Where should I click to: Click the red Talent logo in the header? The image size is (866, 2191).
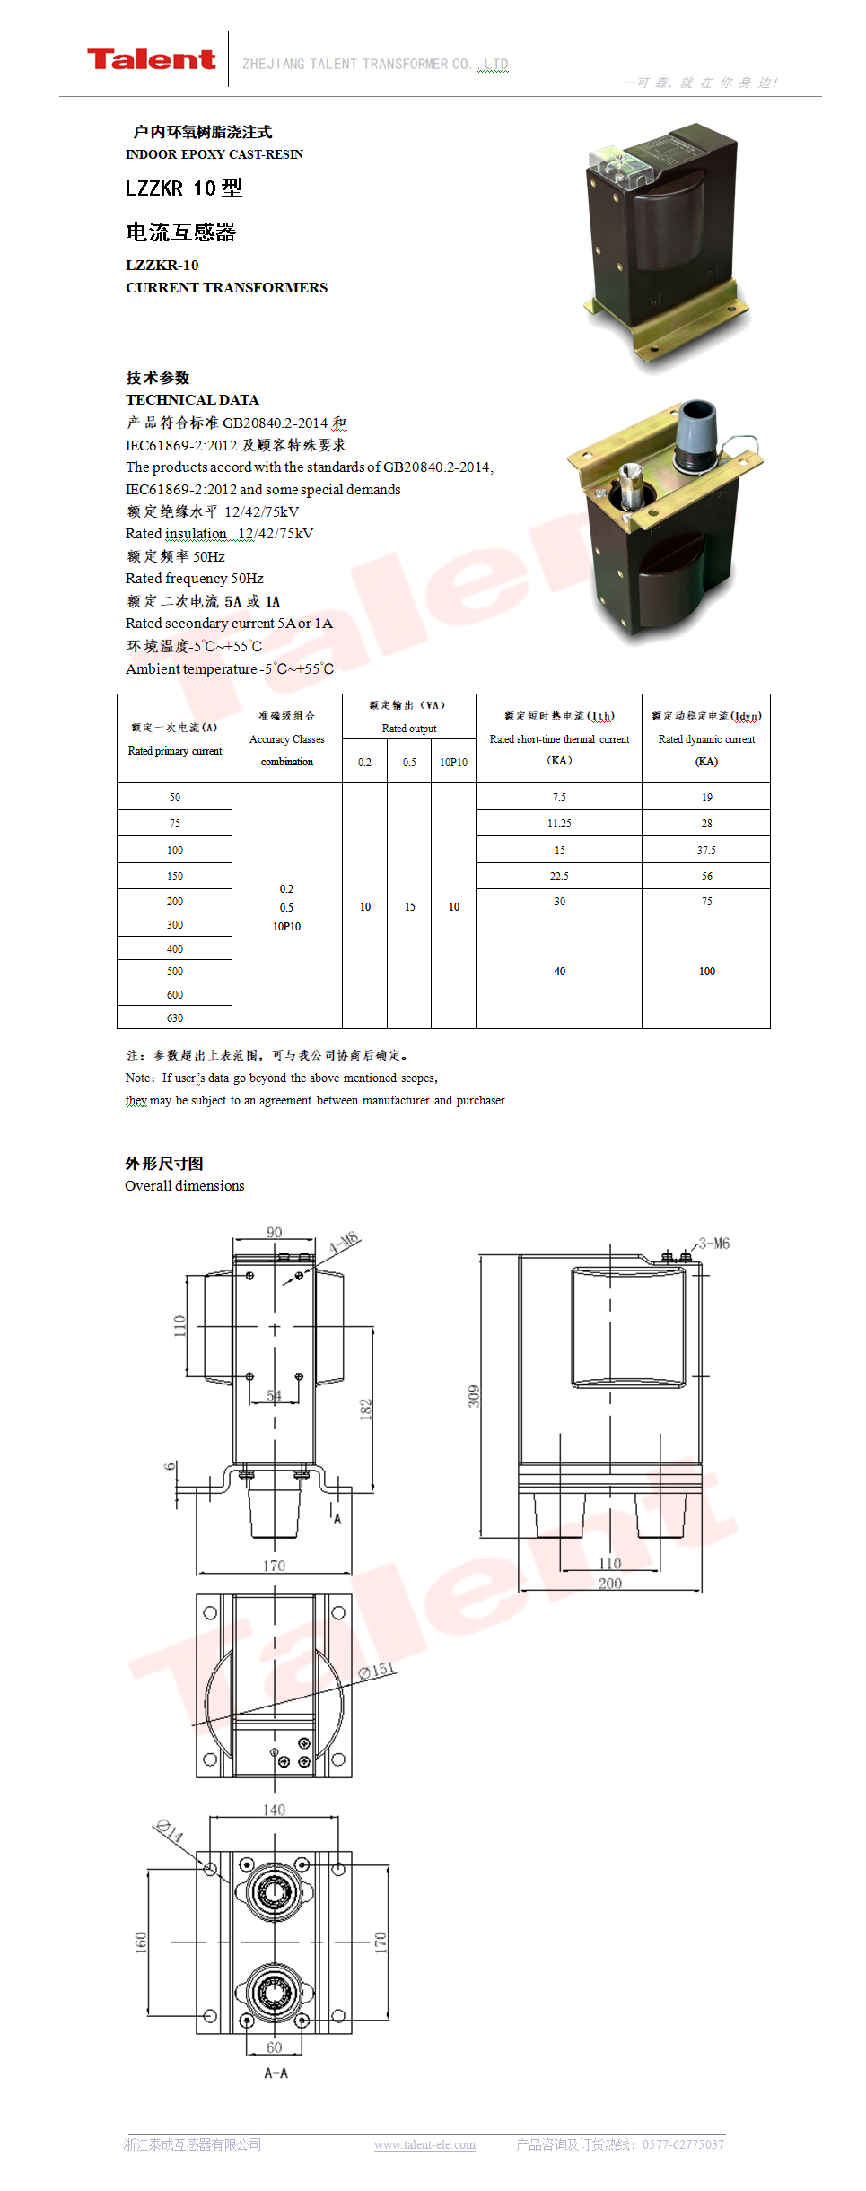click(x=151, y=60)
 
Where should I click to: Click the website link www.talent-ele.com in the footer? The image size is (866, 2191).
click(x=424, y=2144)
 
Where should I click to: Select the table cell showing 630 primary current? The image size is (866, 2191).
click(x=175, y=1018)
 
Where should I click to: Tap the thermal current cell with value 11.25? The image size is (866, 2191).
click(x=559, y=824)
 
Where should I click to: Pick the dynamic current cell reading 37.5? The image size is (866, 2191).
click(x=706, y=851)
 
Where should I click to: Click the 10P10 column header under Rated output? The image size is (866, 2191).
click(x=453, y=763)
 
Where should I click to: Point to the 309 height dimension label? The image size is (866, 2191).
click(x=473, y=1396)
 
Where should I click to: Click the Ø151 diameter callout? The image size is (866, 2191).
click(x=377, y=1670)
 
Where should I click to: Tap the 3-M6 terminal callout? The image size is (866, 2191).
click(x=714, y=1244)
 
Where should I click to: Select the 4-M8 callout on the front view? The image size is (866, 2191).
click(x=344, y=1244)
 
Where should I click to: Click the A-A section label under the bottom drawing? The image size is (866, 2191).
click(x=276, y=2073)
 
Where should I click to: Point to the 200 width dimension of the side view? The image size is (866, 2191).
click(x=610, y=1584)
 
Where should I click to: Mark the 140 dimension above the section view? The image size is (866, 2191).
click(x=274, y=1811)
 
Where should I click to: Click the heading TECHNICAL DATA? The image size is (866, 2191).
click(x=192, y=400)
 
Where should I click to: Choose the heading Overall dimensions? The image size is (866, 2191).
click(x=185, y=1186)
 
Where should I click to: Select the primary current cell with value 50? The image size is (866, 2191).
click(x=175, y=798)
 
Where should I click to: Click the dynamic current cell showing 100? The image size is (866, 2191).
click(x=706, y=972)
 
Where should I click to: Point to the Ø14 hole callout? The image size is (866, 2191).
click(x=168, y=1829)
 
